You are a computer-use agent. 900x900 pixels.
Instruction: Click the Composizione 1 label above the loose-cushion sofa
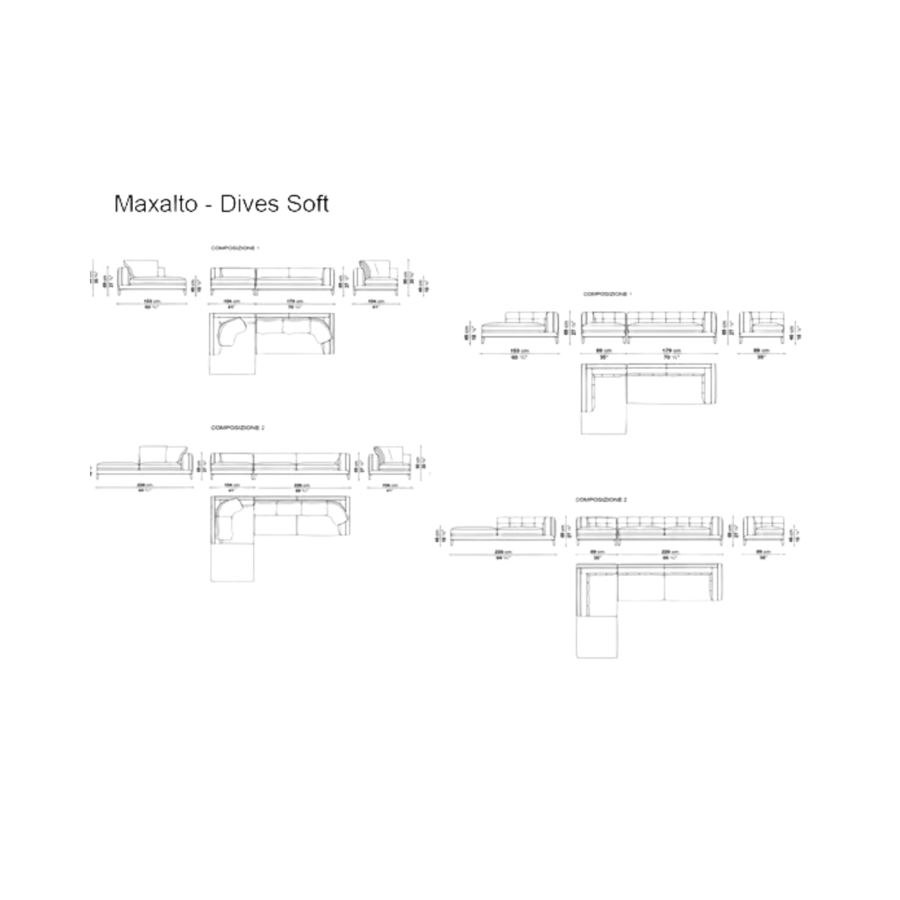point(235,247)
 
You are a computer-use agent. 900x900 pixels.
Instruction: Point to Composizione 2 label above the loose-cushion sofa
point(237,428)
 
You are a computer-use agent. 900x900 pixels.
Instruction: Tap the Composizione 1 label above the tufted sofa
point(607,294)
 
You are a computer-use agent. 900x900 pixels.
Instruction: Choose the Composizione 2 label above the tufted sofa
point(601,499)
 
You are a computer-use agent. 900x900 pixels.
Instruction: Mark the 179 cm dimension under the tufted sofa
point(672,351)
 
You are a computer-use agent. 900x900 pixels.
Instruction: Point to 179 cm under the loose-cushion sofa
point(296,301)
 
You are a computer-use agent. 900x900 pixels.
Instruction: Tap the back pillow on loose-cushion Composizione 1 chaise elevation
point(145,269)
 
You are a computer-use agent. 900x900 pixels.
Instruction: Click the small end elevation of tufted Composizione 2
point(764,530)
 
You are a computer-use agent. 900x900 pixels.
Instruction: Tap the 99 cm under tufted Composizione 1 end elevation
point(762,351)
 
